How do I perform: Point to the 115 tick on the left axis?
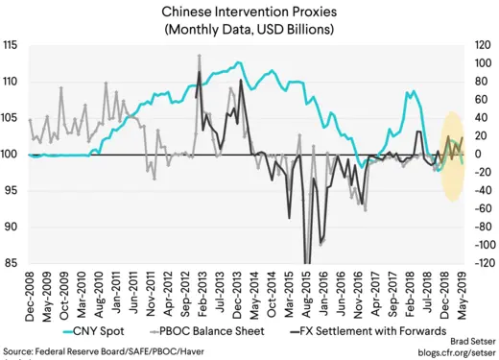point(13,46)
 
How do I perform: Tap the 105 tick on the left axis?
point(13,118)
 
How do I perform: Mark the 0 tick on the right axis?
point(471,155)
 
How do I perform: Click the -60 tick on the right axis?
point(476,209)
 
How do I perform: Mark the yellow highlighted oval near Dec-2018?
point(449,155)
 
